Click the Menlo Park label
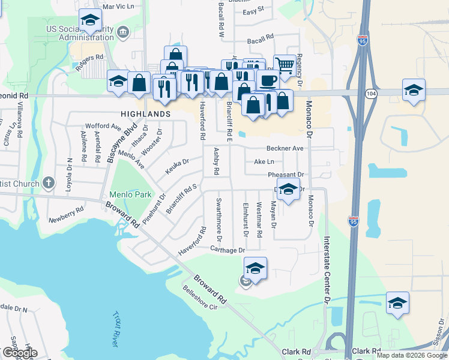tap(130, 194)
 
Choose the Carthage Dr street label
tap(228, 250)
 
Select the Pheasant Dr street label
tap(286, 175)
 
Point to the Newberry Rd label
tap(66, 214)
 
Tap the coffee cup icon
tap(268, 80)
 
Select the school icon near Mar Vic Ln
tap(89, 22)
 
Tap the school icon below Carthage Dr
tap(255, 268)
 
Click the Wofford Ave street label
tap(104, 127)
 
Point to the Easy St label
tap(254, 11)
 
